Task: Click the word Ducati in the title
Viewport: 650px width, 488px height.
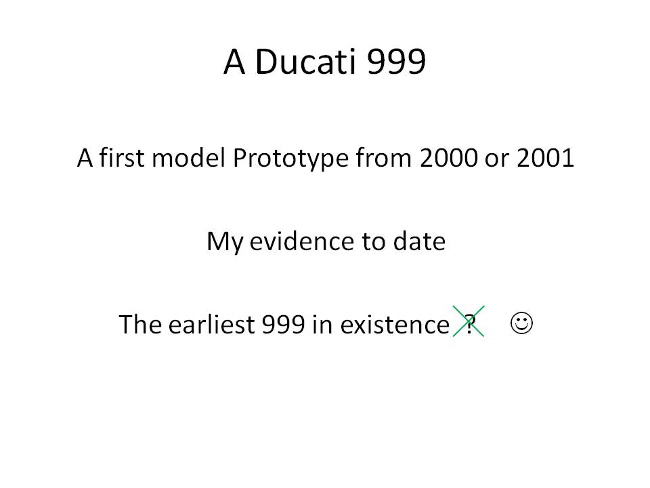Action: click(x=305, y=62)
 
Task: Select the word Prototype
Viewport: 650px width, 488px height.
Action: click(x=290, y=158)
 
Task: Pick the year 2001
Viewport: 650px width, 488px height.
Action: click(x=545, y=158)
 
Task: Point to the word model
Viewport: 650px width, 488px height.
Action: click(x=189, y=158)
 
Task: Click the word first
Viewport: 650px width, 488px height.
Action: click(x=122, y=158)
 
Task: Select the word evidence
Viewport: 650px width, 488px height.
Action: click(x=301, y=241)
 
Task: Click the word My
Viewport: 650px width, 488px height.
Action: click(x=225, y=242)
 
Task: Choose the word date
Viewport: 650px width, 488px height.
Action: click(x=419, y=241)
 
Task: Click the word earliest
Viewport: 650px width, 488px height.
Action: click(x=211, y=324)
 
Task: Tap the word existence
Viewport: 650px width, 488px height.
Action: click(x=395, y=324)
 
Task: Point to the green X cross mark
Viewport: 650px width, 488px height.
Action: click(x=469, y=321)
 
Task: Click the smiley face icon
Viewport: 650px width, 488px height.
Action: click(x=521, y=323)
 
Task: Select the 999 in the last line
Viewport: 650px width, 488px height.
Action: click(x=284, y=324)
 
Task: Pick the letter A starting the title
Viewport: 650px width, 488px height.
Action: click(x=234, y=62)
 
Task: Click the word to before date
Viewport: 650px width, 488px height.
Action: click(x=373, y=242)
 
